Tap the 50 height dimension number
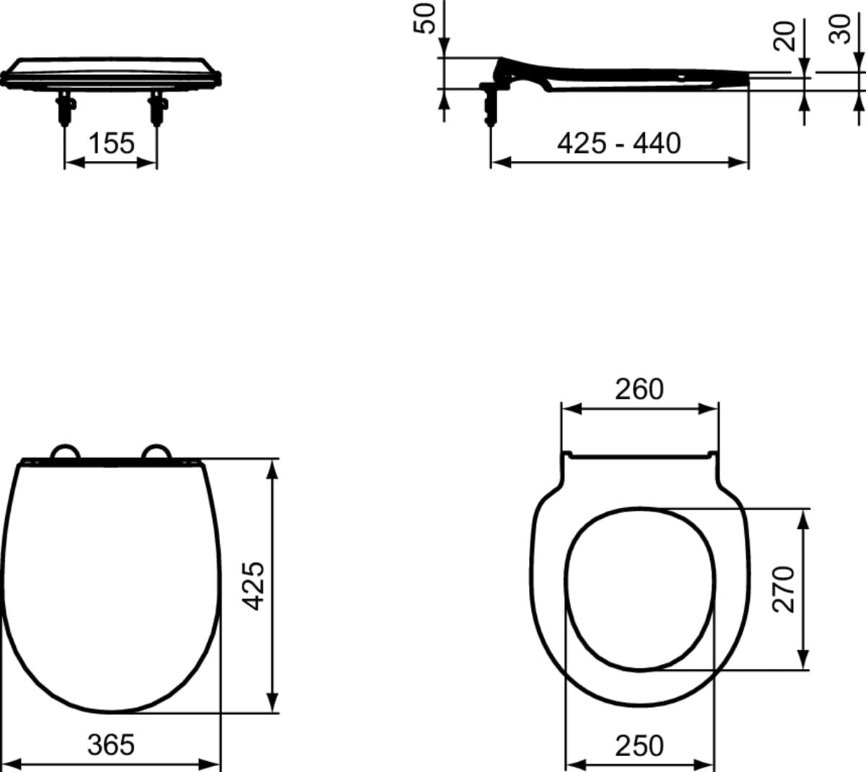point(424,19)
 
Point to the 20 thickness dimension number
point(784,36)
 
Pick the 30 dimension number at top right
point(839,29)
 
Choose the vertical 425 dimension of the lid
point(253,586)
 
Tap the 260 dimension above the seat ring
point(639,389)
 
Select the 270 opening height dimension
point(784,589)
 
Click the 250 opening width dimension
point(639,746)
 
